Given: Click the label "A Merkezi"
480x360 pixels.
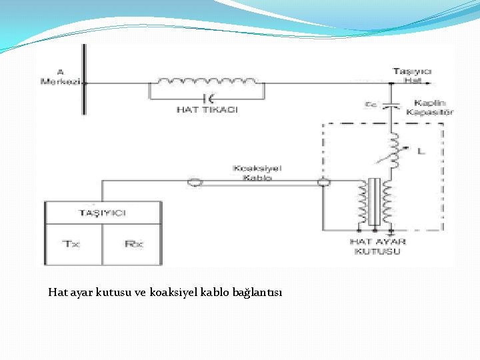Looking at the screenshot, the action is [x=61, y=77].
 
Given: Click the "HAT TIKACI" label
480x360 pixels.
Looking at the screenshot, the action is [x=207, y=109].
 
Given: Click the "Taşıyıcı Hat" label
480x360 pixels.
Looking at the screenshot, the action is [x=412, y=75].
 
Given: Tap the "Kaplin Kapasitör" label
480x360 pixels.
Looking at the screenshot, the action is [x=433, y=107].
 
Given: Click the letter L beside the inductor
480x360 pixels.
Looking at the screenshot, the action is [x=420, y=151].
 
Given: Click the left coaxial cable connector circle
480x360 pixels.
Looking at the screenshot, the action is [x=195, y=182].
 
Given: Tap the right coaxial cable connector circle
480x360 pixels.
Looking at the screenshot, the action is [x=323, y=182].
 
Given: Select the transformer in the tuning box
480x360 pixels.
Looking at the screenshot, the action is [x=375, y=203].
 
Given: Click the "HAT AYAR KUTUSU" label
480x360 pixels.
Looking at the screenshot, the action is [x=377, y=246].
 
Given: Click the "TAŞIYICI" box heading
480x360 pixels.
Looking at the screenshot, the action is [x=103, y=213].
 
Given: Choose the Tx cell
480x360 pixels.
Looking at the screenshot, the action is [x=72, y=243].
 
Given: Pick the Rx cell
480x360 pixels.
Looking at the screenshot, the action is [x=133, y=243].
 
